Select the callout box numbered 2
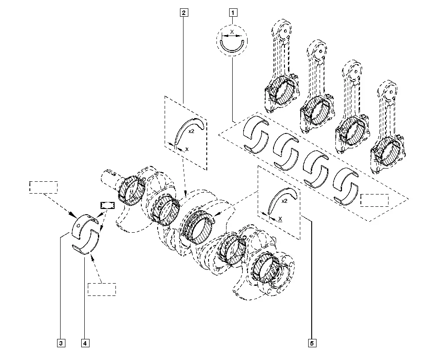click(x=184, y=13)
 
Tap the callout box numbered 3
click(x=61, y=343)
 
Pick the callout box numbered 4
click(x=85, y=343)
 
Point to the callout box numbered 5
click(x=312, y=343)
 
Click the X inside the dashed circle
click(x=232, y=32)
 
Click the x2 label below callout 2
click(x=191, y=131)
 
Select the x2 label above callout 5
click(x=284, y=201)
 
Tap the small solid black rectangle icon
click(x=108, y=205)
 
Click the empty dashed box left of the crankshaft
click(x=43, y=187)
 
